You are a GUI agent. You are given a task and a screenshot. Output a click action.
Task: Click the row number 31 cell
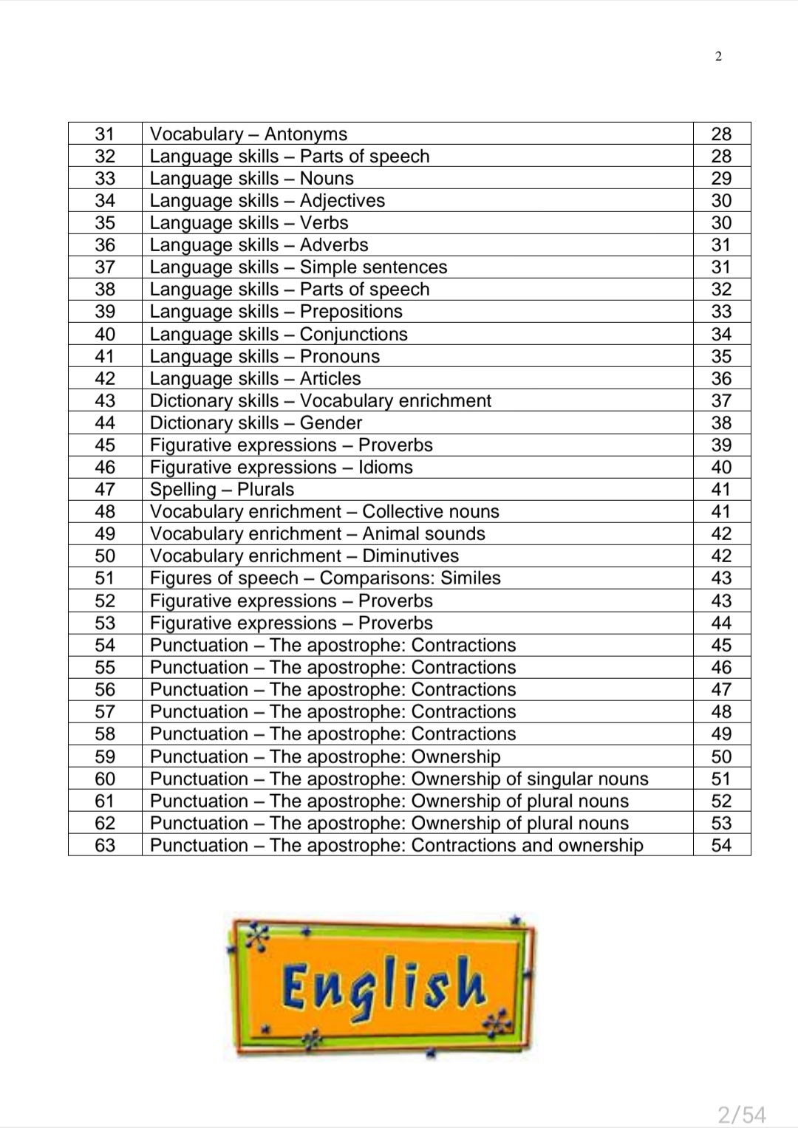[105, 134]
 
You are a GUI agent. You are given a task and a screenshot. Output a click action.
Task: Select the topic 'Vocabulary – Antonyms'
[248, 134]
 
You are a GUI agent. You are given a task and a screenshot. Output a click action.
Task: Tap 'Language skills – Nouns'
[251, 178]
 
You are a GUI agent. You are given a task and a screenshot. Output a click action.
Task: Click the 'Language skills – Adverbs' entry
[259, 245]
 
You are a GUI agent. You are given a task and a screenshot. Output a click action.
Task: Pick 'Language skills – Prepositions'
[276, 311]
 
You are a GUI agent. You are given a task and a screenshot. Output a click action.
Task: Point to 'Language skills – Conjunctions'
[279, 334]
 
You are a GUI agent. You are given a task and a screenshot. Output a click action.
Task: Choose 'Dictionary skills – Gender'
[256, 423]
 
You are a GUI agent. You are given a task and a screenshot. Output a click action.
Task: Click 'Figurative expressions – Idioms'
[281, 467]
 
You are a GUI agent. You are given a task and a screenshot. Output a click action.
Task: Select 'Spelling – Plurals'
[222, 489]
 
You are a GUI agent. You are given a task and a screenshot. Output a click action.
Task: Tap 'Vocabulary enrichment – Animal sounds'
[317, 533]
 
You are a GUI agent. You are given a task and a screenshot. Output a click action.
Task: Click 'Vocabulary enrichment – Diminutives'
[304, 556]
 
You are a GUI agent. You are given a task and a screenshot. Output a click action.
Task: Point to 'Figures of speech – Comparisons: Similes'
[325, 578]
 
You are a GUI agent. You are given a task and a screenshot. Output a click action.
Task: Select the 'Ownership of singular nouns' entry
[399, 779]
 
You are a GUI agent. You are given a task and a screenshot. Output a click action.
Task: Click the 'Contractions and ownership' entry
[396, 845]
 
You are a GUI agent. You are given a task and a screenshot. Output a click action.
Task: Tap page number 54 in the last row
[721, 845]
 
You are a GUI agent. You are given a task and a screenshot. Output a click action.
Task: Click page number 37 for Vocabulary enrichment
[721, 400]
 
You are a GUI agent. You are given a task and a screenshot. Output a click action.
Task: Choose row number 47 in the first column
[105, 489]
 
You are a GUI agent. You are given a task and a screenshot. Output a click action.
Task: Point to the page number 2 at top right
[718, 56]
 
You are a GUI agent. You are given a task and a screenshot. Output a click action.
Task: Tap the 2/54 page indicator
[742, 1113]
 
